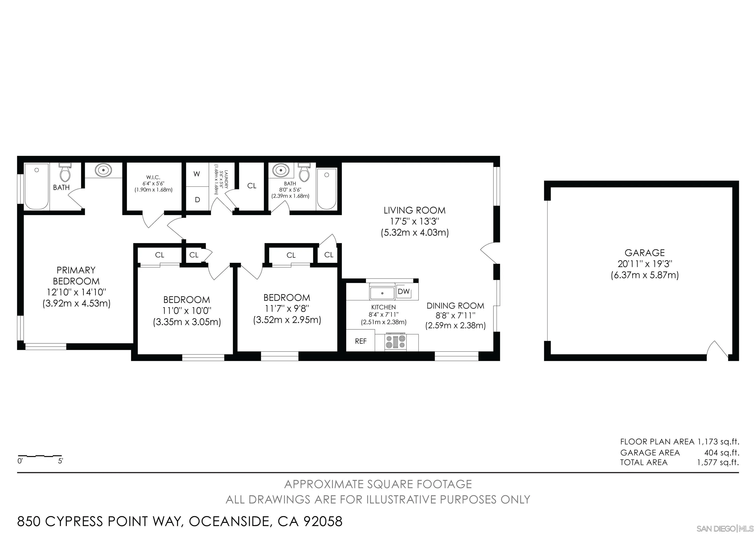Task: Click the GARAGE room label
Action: click(x=644, y=253)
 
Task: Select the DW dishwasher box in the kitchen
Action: click(x=404, y=291)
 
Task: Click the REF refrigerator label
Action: click(x=361, y=341)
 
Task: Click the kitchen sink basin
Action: click(x=382, y=292)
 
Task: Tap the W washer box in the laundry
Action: click(x=197, y=174)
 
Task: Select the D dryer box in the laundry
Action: click(x=197, y=200)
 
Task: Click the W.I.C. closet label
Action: click(x=153, y=177)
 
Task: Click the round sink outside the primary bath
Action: click(x=103, y=170)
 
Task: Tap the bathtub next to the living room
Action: click(x=326, y=189)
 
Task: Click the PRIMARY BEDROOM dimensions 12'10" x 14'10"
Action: click(x=76, y=292)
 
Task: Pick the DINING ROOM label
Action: click(x=455, y=306)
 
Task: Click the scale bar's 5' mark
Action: click(x=61, y=461)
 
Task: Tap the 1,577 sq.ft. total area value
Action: click(x=718, y=462)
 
